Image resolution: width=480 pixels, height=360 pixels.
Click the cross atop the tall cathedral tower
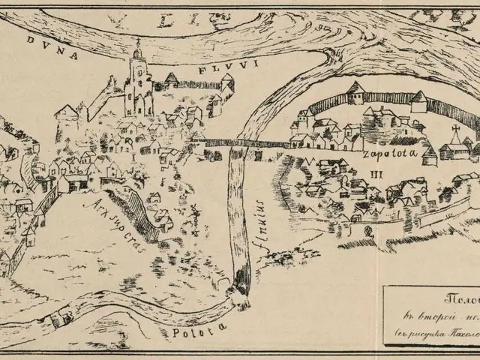[137, 43]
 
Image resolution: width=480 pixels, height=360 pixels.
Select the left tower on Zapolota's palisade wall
[355, 94]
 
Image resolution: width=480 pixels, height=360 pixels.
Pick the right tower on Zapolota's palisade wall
[418, 100]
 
